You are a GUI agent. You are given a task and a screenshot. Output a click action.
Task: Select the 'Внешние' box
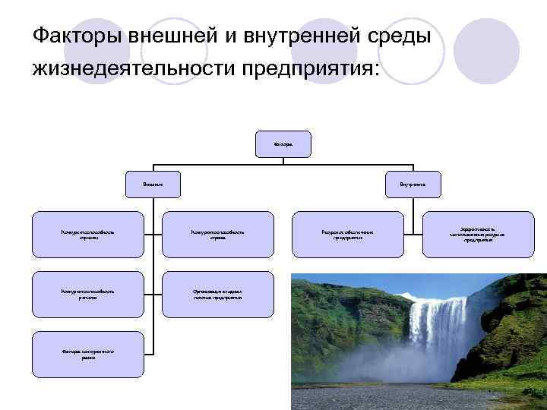tap(153, 184)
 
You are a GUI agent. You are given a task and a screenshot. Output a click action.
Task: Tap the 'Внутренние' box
tap(412, 184)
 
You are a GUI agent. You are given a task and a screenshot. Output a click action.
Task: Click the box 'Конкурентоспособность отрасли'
tap(87, 234)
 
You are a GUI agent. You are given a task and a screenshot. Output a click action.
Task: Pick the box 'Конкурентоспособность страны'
tap(218, 234)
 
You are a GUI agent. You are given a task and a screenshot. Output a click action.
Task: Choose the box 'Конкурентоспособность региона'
tap(87, 294)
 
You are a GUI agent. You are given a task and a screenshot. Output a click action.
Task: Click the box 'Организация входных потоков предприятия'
tap(218, 294)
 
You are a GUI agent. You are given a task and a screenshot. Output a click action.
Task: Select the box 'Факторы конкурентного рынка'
tap(87, 354)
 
